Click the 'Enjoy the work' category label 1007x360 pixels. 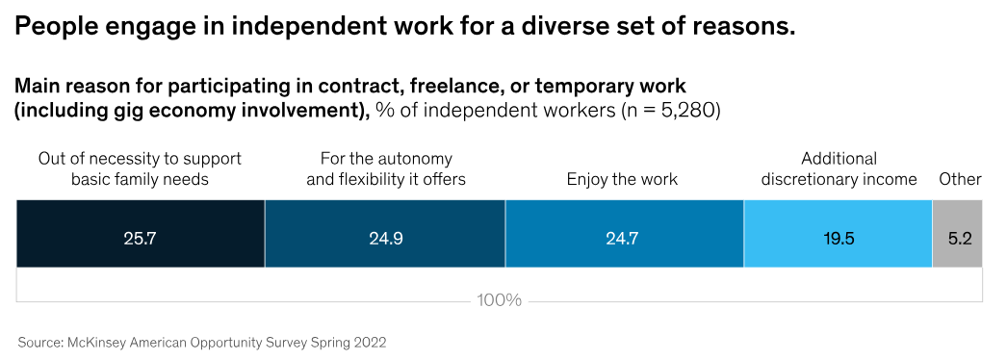[x=622, y=179]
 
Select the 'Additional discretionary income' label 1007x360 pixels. [x=838, y=168]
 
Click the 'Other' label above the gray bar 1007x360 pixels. [x=960, y=179]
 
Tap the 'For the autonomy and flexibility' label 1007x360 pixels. [x=385, y=168]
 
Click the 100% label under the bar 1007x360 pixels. [x=499, y=300]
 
